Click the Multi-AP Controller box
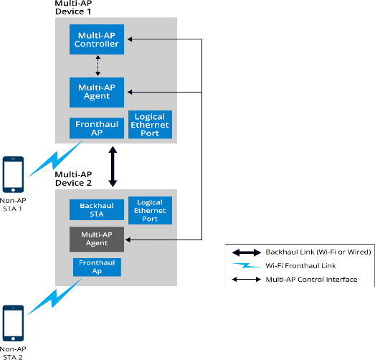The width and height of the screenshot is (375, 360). click(x=97, y=39)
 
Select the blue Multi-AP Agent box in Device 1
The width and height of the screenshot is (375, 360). click(x=97, y=92)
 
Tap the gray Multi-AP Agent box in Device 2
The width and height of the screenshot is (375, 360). click(x=97, y=240)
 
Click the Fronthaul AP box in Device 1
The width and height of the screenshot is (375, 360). click(x=97, y=128)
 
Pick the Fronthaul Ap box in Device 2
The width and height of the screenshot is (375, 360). click(x=97, y=267)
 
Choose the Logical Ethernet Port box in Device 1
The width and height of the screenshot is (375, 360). click(x=150, y=124)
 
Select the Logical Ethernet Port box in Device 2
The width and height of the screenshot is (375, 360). click(x=150, y=210)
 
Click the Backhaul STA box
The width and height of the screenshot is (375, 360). click(x=97, y=209)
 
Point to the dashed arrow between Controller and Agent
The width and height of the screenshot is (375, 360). click(x=98, y=65)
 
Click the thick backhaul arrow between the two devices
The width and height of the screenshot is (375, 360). click(x=113, y=166)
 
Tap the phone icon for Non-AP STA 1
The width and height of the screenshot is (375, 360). click(x=13, y=174)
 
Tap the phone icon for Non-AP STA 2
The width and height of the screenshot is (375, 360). click(x=13, y=323)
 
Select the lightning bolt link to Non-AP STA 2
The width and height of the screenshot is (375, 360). click(x=54, y=297)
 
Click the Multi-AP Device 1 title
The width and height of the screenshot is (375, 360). click(x=73, y=7)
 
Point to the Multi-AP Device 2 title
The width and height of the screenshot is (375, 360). click(x=73, y=179)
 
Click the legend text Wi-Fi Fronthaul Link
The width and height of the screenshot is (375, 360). click(x=300, y=265)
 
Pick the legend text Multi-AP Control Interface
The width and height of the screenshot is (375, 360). click(x=311, y=280)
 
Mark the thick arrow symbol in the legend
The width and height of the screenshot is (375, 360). click(x=247, y=252)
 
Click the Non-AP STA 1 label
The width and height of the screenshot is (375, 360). click(x=13, y=204)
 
